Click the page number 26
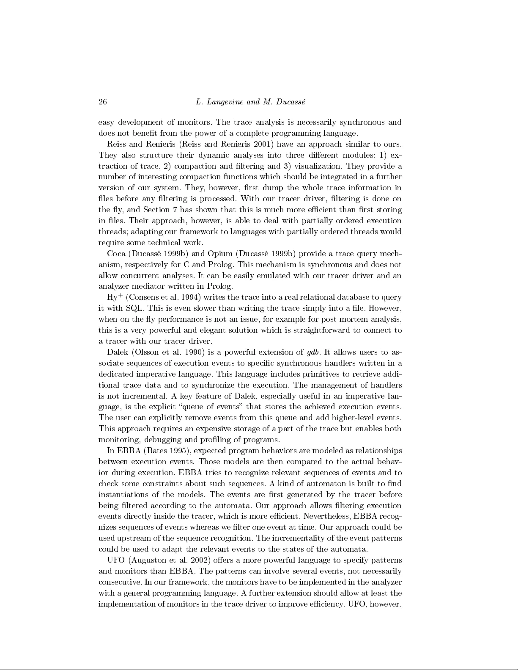(102, 102)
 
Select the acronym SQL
(134, 309)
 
